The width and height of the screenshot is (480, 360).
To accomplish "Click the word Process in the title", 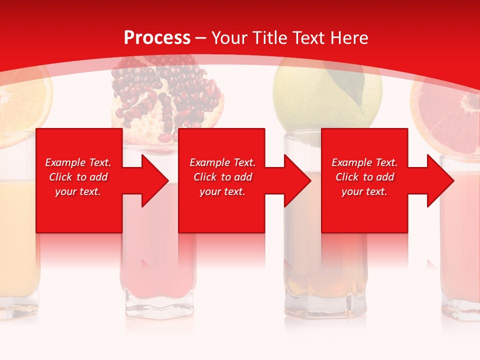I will point(157,38).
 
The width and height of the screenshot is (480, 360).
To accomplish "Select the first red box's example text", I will point(78,177).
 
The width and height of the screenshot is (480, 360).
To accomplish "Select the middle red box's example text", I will point(222,177).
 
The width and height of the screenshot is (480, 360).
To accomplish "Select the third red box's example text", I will point(364,177).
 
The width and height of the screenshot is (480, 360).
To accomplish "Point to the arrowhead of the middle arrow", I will point(300,180).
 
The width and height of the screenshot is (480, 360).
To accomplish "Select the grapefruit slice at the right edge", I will point(445,115).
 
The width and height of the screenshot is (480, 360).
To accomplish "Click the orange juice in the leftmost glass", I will point(17,235).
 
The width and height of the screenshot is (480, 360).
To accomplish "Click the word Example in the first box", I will point(65,162).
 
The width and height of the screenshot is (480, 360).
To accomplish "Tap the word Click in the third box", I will point(346,177).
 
